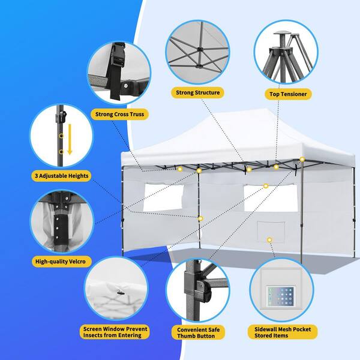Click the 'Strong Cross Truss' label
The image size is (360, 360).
[119, 114]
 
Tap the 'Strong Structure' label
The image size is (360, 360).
[197, 92]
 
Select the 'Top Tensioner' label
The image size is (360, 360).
[288, 94]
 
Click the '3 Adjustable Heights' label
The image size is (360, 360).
[61, 176]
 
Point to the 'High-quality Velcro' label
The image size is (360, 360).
[61, 262]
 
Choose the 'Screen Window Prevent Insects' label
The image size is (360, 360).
[115, 332]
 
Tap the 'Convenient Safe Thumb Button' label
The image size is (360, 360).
[199, 332]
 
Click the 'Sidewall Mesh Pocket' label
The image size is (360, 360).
[283, 332]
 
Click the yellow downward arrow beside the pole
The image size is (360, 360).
[70, 139]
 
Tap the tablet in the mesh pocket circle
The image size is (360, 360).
[281, 296]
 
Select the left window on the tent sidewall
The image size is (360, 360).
[163, 197]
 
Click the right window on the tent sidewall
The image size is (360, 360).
[271, 197]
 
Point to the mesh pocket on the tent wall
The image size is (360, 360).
[271, 232]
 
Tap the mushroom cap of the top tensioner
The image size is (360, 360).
[282, 33]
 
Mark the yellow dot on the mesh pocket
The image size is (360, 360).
[269, 240]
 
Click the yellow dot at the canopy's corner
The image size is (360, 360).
[302, 160]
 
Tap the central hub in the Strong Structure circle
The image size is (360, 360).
[199, 49]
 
